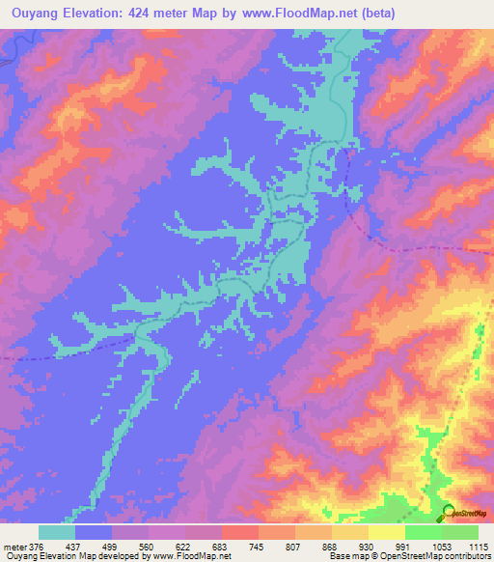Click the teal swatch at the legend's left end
(57, 533)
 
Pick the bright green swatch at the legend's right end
(460, 533)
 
